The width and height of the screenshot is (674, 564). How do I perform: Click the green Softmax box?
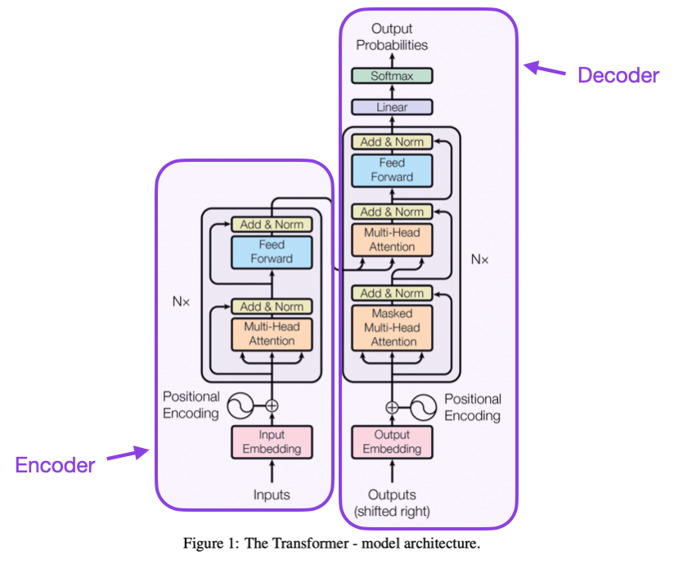point(392,76)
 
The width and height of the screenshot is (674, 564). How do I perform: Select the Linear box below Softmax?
point(392,107)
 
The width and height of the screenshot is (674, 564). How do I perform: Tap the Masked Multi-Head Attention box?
point(392,328)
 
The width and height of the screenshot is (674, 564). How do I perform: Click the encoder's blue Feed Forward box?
point(272,252)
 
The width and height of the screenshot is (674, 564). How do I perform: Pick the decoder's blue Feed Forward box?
point(392,170)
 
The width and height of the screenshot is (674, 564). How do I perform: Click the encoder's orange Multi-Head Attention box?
point(272,334)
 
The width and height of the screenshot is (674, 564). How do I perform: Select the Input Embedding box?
point(272,442)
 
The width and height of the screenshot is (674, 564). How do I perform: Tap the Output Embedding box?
point(392,442)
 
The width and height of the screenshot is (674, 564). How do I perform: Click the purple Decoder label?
point(618,76)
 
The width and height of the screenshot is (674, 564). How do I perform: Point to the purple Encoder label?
point(55,465)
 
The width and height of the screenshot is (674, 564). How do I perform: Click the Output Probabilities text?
point(392,38)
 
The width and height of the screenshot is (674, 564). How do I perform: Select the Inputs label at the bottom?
point(272,495)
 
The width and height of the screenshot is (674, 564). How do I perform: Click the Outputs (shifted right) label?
point(392,503)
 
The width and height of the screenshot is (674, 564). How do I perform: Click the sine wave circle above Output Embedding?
point(424,406)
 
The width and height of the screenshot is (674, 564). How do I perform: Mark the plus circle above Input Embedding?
point(272,405)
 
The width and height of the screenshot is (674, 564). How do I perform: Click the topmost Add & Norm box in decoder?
point(392,142)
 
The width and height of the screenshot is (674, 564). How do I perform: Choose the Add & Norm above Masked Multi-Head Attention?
point(392,293)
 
